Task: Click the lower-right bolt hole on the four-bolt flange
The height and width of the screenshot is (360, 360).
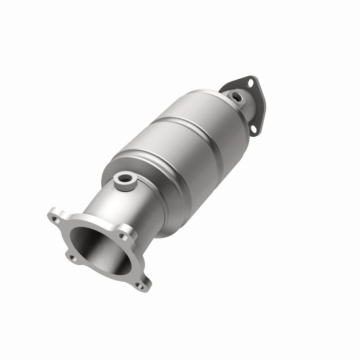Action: tap(139, 283)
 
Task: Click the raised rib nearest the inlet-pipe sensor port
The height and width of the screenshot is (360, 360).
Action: tap(148, 162)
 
